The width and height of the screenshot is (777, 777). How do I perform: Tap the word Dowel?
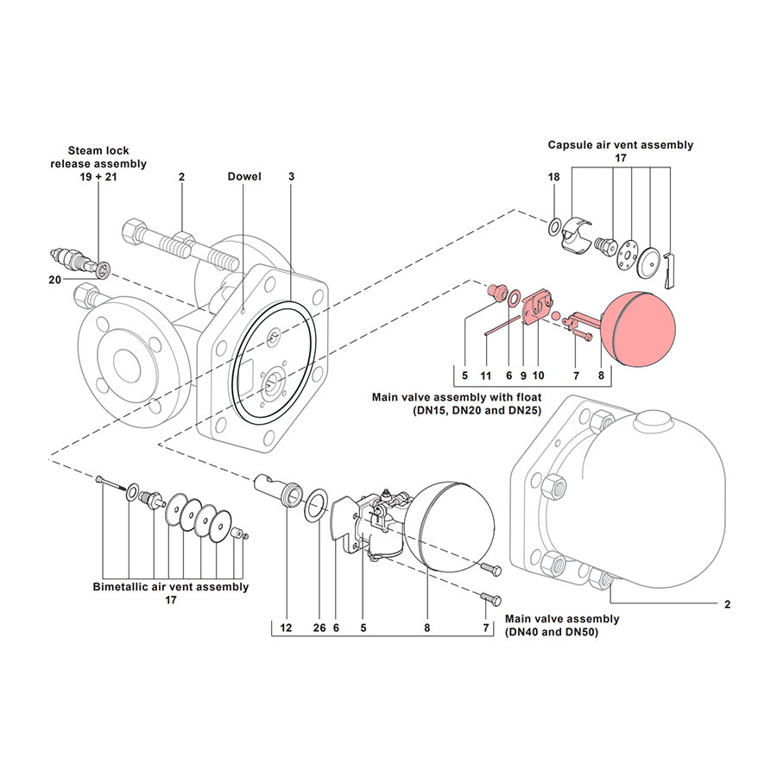click(244, 176)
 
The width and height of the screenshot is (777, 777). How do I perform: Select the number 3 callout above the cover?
click(292, 176)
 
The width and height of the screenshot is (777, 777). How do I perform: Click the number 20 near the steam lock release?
click(54, 279)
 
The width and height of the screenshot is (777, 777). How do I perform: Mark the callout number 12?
click(286, 628)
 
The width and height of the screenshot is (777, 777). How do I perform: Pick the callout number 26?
click(317, 628)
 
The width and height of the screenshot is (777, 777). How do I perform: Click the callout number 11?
click(485, 376)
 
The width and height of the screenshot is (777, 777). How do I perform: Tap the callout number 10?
click(538, 376)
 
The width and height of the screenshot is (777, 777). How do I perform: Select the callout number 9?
click(522, 376)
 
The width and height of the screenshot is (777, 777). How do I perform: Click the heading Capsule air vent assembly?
click(620, 145)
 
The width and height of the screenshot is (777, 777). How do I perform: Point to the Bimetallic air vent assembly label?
click(170, 587)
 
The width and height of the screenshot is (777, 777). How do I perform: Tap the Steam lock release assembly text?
click(98, 156)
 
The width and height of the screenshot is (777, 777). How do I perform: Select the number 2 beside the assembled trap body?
click(727, 604)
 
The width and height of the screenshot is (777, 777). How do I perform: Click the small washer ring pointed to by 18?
click(553, 228)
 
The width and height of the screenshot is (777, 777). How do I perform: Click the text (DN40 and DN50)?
click(549, 632)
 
